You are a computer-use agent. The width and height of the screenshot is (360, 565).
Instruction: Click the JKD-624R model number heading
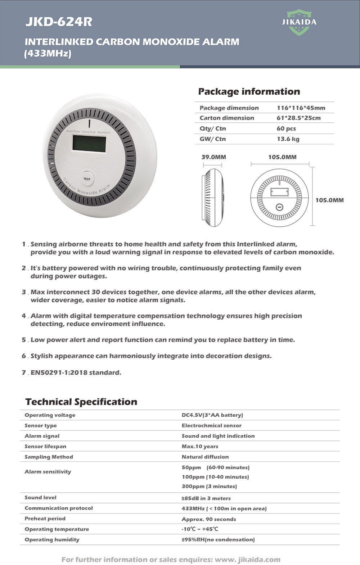(x=59, y=22)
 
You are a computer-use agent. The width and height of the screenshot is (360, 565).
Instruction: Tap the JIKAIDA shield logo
(x=299, y=22)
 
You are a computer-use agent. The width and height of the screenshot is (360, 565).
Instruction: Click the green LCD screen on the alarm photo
(x=89, y=143)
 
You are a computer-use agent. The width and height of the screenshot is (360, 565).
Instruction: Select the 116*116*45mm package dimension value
(x=301, y=108)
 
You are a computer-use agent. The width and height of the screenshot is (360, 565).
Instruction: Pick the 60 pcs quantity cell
(x=286, y=128)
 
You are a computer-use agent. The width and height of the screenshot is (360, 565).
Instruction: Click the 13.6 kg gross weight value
(x=288, y=139)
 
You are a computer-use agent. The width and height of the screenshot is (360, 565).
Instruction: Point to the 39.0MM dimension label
(x=213, y=157)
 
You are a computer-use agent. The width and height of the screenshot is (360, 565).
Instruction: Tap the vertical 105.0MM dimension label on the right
(x=329, y=200)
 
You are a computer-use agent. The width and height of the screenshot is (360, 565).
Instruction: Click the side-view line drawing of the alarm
(x=213, y=197)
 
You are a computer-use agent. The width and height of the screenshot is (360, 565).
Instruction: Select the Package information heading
(x=249, y=91)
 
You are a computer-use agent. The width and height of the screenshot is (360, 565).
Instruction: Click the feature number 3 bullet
(x=24, y=292)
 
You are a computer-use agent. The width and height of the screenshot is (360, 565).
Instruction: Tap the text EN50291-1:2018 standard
(x=76, y=372)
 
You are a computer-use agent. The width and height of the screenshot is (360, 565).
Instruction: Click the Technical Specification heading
(x=81, y=402)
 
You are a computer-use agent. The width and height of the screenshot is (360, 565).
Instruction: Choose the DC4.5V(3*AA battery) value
(x=212, y=415)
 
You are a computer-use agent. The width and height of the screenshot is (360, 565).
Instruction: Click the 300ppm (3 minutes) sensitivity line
(x=209, y=486)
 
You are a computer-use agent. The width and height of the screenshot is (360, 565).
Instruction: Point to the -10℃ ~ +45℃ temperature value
(x=200, y=529)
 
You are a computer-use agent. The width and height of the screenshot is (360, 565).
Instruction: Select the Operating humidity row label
(x=52, y=539)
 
